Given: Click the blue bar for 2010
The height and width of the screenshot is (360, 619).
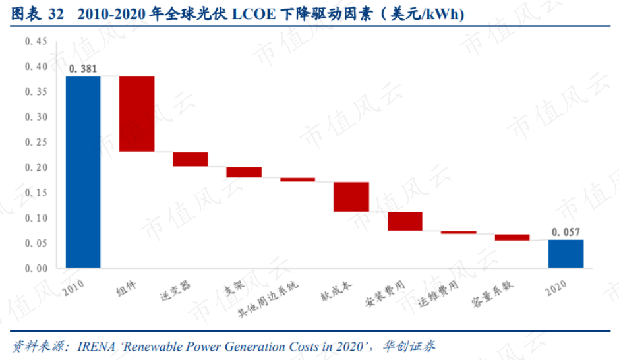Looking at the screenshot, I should point(83,171).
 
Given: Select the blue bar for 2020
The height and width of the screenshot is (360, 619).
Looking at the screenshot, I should point(566,254).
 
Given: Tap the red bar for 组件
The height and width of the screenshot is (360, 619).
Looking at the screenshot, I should point(136,113).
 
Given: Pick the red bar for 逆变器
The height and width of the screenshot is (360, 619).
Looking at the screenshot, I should point(191,159).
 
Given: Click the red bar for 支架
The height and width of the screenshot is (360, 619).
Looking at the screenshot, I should point(244,172).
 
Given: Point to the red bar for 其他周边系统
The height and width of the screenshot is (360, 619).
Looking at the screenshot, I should point(297,179).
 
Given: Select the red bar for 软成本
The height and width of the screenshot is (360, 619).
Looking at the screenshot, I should point(351,196).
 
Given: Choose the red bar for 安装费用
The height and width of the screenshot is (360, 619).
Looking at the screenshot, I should point(405,221).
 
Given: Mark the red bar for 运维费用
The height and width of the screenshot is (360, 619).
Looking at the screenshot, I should point(458,233).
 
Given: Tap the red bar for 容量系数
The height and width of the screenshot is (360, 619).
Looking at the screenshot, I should point(512,237).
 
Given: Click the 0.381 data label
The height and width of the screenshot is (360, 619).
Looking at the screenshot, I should point(83,68).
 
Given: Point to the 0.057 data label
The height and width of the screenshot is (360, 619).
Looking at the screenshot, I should point(566,232).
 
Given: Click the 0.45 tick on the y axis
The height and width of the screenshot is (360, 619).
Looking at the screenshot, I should point(36,42).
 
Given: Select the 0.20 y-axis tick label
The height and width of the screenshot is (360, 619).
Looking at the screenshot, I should point(36,167).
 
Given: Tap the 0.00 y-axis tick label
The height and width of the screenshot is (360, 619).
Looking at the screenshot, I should point(36,268).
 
